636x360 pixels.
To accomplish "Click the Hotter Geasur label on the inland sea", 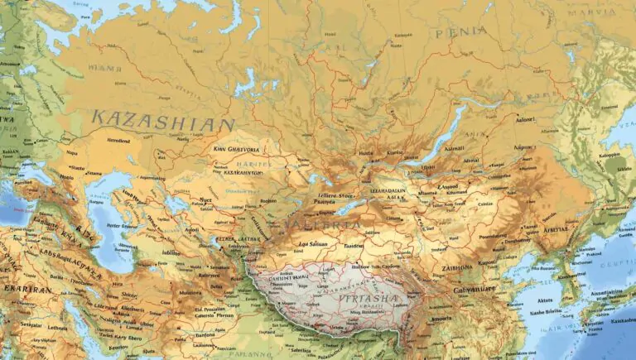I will click(117, 225).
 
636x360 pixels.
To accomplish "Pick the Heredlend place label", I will click(119, 141).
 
